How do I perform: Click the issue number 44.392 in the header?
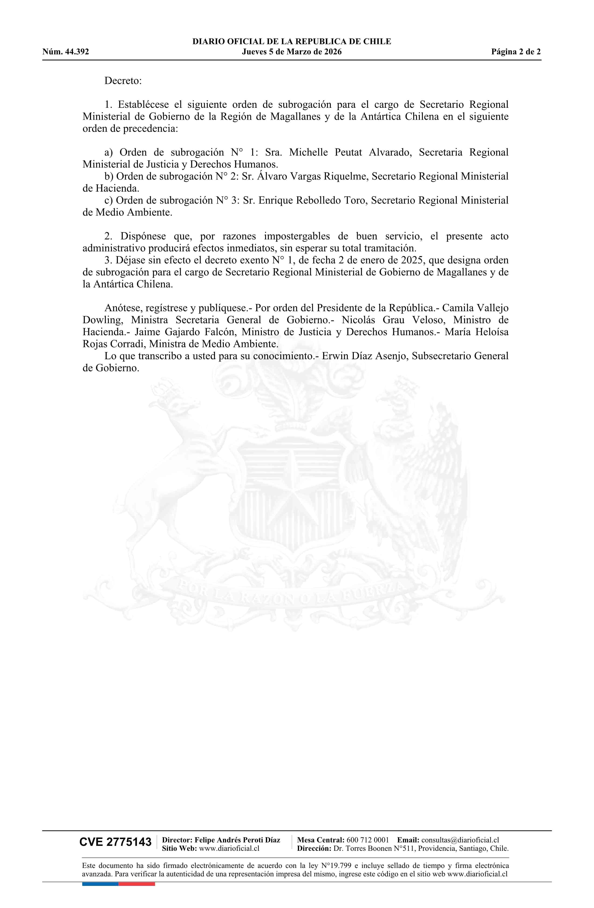pyautogui.click(x=77, y=52)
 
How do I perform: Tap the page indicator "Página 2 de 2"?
pyautogui.click(x=516, y=52)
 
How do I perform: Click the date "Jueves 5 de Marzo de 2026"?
pyautogui.click(x=292, y=52)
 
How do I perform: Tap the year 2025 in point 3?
pyautogui.click(x=412, y=260)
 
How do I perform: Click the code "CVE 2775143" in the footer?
pyautogui.click(x=115, y=842)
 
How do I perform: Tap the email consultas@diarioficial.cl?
pyautogui.click(x=460, y=840)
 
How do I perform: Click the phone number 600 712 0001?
pyautogui.click(x=368, y=840)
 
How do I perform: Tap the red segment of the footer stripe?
pyautogui.click(x=137, y=884)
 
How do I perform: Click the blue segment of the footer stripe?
pyautogui.click(x=100, y=884)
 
